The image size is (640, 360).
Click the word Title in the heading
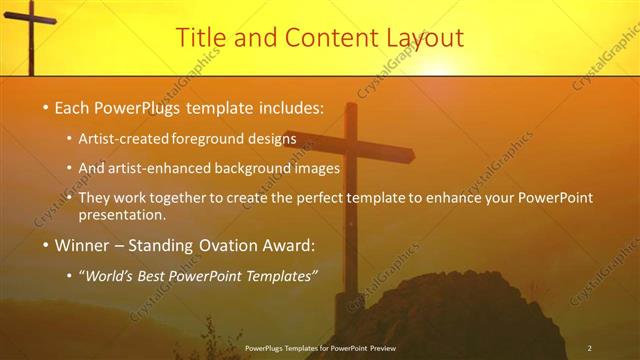199,38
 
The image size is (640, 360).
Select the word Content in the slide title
322,38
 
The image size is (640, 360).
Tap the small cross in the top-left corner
29,30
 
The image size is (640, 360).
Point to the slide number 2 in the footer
589,347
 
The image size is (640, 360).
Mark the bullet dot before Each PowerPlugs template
45,107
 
